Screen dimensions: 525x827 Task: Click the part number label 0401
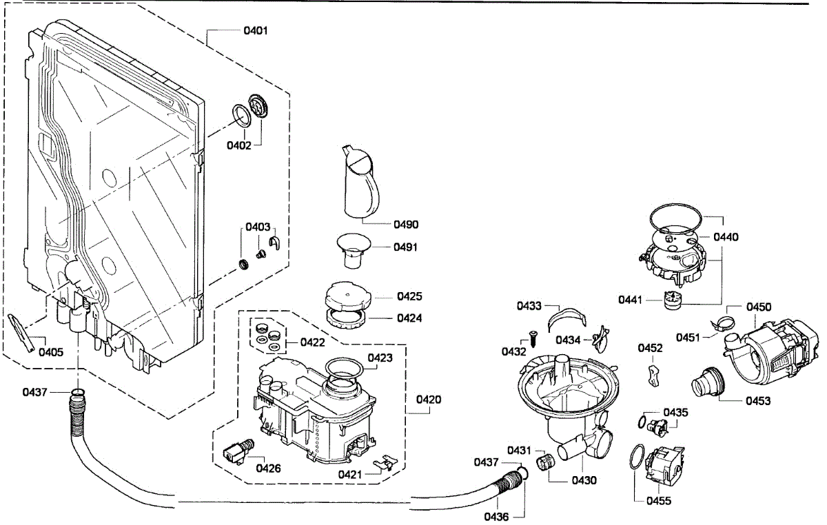256,31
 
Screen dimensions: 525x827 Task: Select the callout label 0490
407,225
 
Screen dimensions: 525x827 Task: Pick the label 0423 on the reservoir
380,358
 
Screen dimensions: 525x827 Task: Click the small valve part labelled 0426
238,451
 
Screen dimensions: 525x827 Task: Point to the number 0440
726,237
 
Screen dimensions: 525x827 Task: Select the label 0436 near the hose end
496,516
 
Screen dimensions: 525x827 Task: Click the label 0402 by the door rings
239,145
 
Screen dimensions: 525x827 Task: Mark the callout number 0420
429,400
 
